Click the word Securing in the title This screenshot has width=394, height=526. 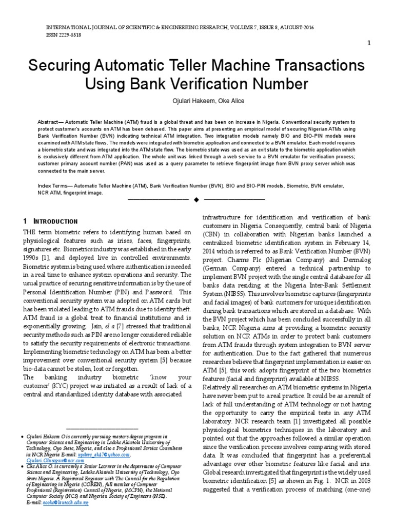63,66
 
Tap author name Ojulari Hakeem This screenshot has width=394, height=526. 176,101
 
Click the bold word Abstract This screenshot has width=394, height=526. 51,122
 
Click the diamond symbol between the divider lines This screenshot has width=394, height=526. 196,198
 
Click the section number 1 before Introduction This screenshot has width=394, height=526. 25,221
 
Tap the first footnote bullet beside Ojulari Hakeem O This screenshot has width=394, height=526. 22,436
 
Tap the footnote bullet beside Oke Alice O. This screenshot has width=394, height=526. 22,467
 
